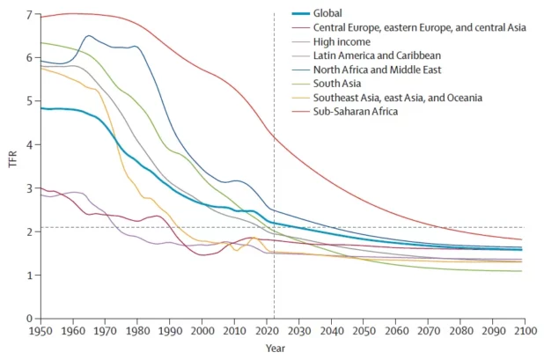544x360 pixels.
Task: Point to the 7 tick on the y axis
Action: pos(29,15)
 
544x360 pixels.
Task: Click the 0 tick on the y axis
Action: pos(29,319)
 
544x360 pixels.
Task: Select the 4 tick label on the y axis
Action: pos(29,145)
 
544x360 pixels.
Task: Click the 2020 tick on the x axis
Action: pos(265,331)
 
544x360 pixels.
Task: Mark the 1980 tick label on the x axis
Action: pos(136,331)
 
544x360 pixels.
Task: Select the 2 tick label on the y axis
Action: pos(29,231)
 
